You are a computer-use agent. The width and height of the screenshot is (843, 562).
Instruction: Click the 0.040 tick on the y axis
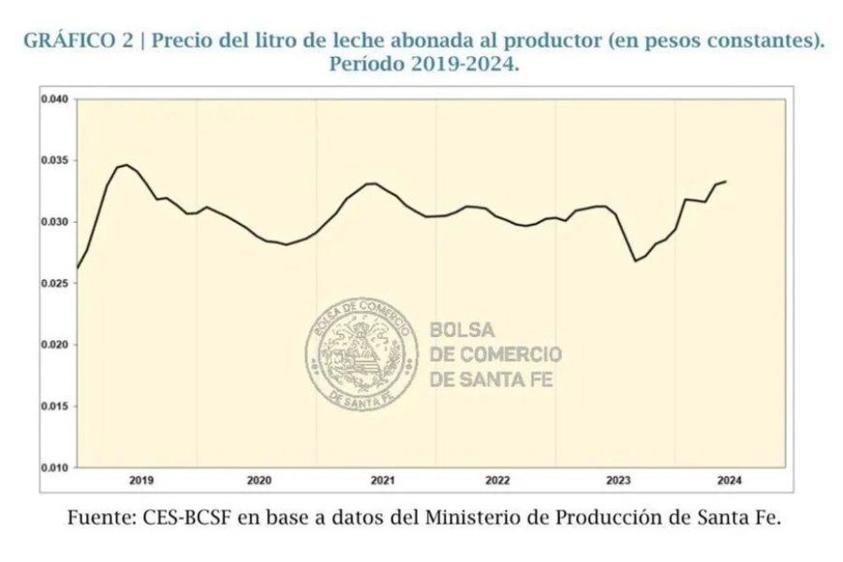pos(56,99)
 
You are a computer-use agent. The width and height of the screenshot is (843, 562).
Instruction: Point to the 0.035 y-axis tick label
pos(56,161)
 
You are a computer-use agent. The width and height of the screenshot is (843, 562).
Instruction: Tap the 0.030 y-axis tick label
pos(56,222)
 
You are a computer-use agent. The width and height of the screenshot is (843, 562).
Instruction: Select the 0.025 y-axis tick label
pos(56,284)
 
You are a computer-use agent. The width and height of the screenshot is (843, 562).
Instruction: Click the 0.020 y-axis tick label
pos(56,345)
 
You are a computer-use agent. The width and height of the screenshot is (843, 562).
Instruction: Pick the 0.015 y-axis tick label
pos(56,407)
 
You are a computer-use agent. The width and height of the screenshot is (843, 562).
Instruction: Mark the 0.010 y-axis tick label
pos(56,467)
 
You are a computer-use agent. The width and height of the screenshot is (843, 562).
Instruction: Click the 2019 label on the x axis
pos(141,481)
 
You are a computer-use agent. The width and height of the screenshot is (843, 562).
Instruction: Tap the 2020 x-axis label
pos(259,481)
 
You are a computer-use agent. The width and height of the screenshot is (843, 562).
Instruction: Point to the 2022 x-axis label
pos(497,481)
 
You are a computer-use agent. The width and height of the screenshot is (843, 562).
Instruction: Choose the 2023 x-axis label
pos(618,481)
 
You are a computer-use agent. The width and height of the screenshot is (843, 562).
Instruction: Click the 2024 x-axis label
pos(730,481)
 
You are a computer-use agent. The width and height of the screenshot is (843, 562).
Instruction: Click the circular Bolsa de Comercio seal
pos(361,354)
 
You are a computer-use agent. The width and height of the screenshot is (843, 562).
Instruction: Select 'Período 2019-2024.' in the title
pos(423,66)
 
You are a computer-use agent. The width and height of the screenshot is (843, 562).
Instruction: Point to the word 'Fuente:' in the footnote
pos(97,517)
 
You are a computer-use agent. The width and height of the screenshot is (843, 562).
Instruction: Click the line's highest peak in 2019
pos(126,165)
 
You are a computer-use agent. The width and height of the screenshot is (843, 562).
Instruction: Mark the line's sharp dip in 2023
pos(635,260)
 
